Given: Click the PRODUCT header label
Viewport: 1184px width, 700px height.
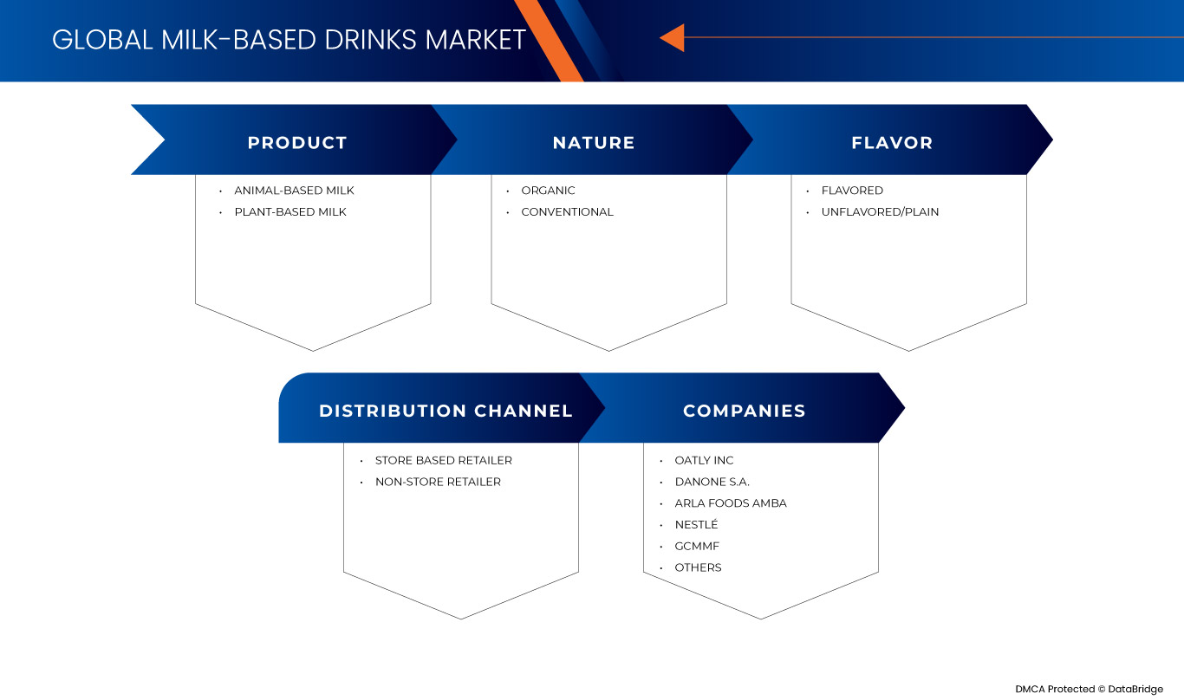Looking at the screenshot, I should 297,143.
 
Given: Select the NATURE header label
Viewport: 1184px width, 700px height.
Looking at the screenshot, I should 594,143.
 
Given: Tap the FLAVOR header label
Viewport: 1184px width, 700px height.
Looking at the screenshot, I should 892,143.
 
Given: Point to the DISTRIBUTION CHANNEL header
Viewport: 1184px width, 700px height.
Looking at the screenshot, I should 446,411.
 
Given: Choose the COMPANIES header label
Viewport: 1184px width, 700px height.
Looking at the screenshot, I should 744,411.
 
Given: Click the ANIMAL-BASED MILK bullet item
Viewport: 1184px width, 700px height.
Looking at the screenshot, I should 294,191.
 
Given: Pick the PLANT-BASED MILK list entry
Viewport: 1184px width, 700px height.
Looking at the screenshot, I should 289,212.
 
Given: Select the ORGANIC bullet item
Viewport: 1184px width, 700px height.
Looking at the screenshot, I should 548,191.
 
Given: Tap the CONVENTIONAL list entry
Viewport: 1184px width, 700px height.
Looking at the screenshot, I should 567,212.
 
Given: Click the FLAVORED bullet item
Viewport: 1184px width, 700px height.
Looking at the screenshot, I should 852,191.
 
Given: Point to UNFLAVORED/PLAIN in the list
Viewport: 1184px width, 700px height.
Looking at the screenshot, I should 880,212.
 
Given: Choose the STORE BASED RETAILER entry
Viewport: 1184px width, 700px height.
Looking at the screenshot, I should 443,461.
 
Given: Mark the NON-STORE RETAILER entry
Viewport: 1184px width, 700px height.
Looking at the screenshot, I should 438,482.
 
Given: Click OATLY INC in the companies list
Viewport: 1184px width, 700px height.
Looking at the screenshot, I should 704,461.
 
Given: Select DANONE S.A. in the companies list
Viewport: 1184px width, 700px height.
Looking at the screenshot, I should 712,482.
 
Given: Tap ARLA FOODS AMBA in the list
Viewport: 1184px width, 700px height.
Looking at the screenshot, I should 731,503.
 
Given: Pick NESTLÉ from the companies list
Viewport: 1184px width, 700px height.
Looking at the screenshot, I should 696,525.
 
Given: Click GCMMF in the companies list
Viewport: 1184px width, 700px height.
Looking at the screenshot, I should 697,547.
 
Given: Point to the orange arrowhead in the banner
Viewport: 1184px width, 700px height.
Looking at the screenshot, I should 673,38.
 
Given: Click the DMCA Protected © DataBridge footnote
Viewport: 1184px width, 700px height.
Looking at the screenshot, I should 1089,689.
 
